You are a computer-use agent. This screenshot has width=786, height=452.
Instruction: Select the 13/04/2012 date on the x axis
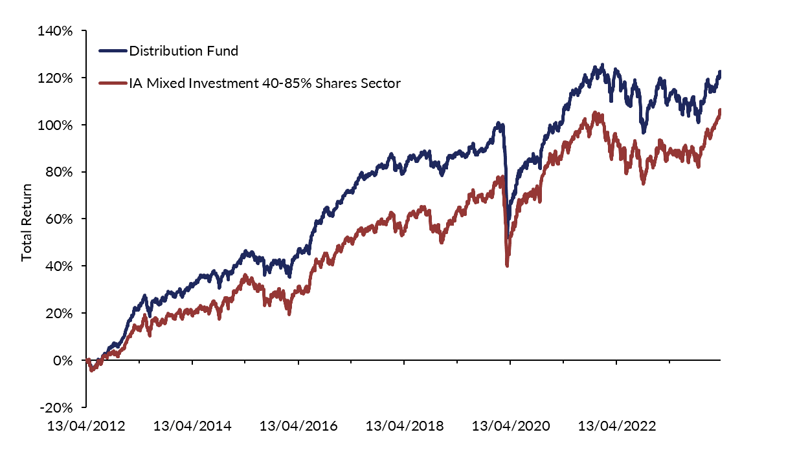(x=87, y=427)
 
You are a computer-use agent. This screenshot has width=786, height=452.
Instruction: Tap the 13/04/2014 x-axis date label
(x=192, y=427)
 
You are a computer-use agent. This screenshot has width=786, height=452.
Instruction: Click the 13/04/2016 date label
(x=298, y=427)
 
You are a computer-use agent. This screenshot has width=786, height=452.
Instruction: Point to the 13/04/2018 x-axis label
(x=405, y=427)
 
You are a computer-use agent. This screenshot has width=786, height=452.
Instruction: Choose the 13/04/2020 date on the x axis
(x=511, y=427)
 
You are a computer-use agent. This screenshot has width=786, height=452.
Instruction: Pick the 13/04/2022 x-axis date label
(x=616, y=427)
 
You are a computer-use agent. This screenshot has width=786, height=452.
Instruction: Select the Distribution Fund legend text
(x=184, y=50)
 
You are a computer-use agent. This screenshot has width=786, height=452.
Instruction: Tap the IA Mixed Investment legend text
(x=265, y=83)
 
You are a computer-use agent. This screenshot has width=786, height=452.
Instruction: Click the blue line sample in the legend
(x=112, y=50)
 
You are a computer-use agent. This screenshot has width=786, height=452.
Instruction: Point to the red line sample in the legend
(x=112, y=83)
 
